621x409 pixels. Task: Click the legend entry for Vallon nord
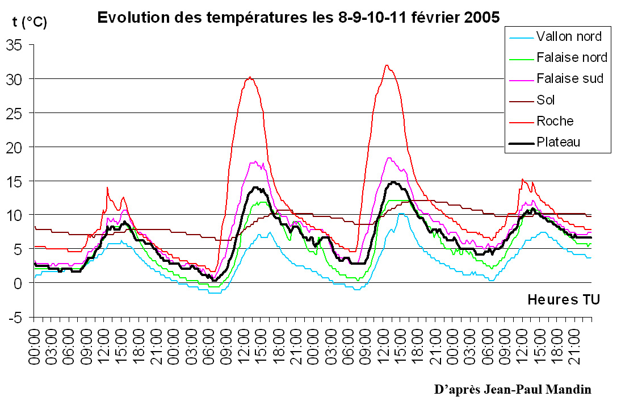tap(569, 37)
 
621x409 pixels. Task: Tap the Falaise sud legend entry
tap(569, 78)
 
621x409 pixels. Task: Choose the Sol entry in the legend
tap(546, 100)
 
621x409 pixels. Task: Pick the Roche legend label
tap(555, 121)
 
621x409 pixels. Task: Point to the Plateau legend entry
tap(559, 142)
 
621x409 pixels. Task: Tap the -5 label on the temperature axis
tap(16, 318)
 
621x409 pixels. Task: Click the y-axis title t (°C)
tap(30, 23)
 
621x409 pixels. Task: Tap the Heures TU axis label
tap(563, 299)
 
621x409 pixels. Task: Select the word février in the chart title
tap(424, 18)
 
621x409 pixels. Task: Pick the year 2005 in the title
tap(482, 18)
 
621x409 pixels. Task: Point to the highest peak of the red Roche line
tap(387, 65)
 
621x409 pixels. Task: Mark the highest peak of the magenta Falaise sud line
tap(389, 158)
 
